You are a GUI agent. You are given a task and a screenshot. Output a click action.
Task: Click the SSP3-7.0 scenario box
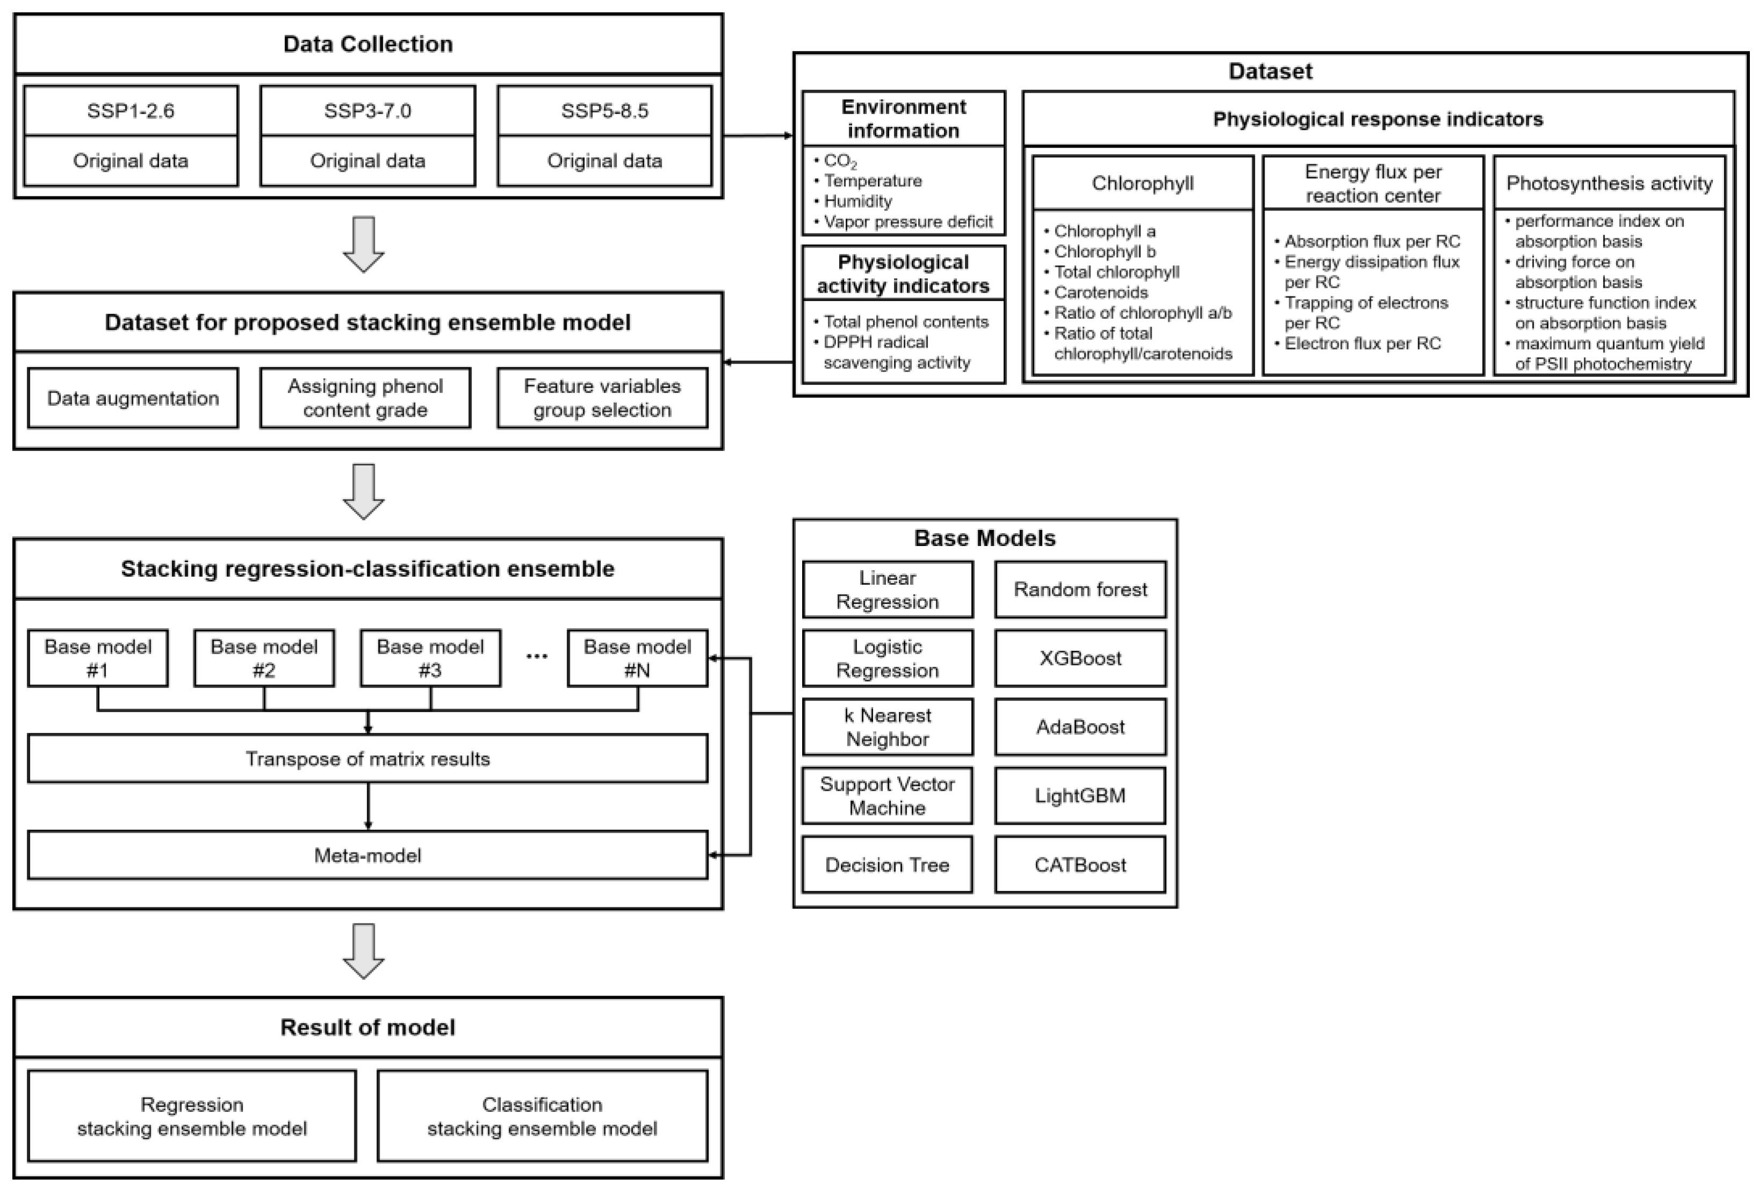pyautogui.click(x=367, y=111)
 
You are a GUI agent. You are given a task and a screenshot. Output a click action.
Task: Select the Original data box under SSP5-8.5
pyautogui.click(x=604, y=161)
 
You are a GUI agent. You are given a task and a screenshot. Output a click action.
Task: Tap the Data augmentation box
pyautogui.click(x=133, y=398)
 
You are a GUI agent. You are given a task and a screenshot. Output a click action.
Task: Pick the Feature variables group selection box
pyautogui.click(x=602, y=398)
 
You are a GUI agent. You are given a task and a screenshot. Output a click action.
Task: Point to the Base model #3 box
pyautogui.click(x=430, y=658)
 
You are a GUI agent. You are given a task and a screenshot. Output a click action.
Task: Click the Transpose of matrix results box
pyautogui.click(x=368, y=759)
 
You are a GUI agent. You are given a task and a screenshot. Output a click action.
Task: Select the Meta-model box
pyautogui.click(x=368, y=855)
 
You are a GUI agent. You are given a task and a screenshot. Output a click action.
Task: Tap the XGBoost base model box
pyautogui.click(x=1080, y=658)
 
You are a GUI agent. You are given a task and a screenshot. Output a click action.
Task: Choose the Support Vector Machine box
pyautogui.click(x=887, y=796)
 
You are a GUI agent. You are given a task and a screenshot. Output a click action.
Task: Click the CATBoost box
pyautogui.click(x=1080, y=864)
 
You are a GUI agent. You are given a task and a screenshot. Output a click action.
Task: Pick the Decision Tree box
pyautogui.click(x=887, y=864)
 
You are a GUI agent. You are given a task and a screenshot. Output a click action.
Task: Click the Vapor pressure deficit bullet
pyautogui.click(x=907, y=222)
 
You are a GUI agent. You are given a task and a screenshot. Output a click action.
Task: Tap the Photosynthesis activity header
pyautogui.click(x=1609, y=183)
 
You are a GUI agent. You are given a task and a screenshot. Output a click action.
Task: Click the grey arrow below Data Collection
pyautogui.click(x=364, y=244)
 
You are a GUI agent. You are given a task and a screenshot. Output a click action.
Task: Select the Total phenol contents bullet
pyautogui.click(x=905, y=322)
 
